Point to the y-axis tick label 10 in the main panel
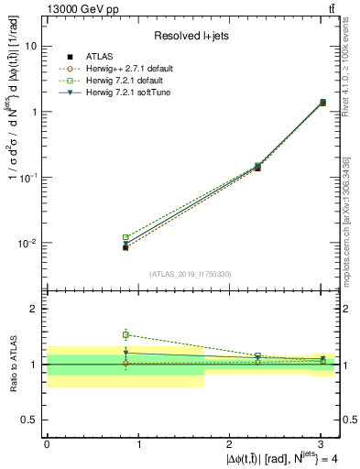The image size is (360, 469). [31, 46]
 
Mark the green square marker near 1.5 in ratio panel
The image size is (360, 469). [125, 334]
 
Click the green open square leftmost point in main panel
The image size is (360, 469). [125, 237]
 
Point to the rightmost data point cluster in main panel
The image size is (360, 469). [322, 103]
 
